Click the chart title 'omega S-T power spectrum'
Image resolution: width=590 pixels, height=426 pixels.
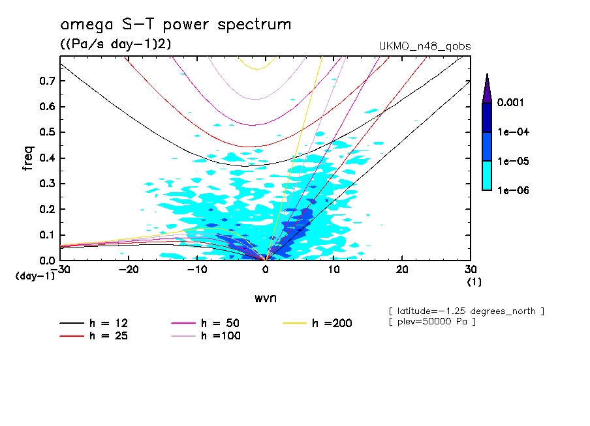click(176, 25)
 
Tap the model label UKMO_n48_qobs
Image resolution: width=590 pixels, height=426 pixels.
click(424, 46)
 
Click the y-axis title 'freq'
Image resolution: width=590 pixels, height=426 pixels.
click(27, 158)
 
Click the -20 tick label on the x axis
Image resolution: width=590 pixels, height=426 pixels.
click(129, 269)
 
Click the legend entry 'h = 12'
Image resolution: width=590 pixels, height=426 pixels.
click(98, 323)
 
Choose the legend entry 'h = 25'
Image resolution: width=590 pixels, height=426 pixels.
click(98, 336)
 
